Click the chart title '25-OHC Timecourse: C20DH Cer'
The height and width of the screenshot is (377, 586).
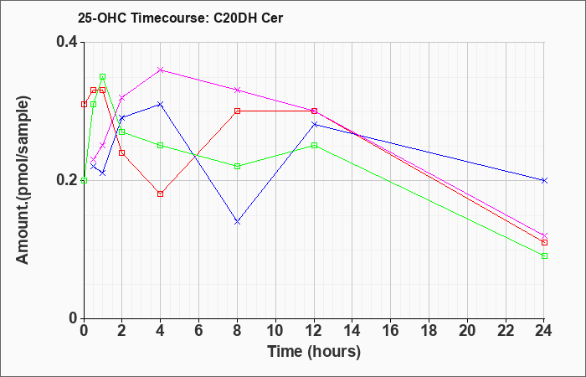(180, 18)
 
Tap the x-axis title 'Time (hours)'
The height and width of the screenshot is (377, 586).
(314, 352)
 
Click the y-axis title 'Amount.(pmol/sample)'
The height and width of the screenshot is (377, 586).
(23, 180)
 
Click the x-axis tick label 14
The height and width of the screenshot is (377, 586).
(352, 331)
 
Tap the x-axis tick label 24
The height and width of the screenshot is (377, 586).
(544, 331)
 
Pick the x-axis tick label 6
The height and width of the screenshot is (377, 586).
(198, 331)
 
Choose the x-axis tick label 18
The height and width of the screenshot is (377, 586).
(429, 331)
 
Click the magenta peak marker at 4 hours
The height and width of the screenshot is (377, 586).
(161, 70)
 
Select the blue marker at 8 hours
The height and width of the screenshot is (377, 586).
(237, 222)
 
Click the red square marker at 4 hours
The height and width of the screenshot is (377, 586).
(161, 194)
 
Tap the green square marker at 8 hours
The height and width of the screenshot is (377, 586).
(237, 167)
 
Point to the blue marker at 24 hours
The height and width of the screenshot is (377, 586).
(544, 180)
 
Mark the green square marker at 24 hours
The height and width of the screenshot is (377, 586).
(544, 256)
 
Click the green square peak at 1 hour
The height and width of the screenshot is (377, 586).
(102, 77)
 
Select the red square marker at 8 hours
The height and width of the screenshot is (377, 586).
(237, 111)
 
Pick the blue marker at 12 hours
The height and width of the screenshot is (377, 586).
(314, 124)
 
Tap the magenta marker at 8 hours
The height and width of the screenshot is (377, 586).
(237, 90)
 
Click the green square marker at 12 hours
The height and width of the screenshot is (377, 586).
(314, 146)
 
